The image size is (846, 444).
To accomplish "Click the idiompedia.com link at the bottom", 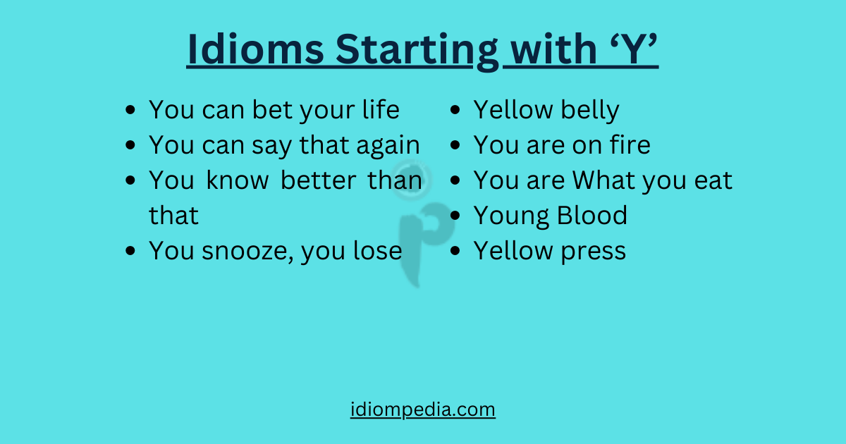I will click(x=423, y=409).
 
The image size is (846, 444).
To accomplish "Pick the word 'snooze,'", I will click(x=246, y=252).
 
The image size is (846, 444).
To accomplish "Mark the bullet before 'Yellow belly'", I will click(x=456, y=111).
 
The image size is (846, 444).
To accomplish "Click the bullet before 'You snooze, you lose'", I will click(x=130, y=252).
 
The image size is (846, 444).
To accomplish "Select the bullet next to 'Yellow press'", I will click(x=456, y=252).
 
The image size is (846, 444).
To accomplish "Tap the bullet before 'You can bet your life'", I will click(x=130, y=111).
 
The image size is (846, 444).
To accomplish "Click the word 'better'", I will click(x=318, y=180).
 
